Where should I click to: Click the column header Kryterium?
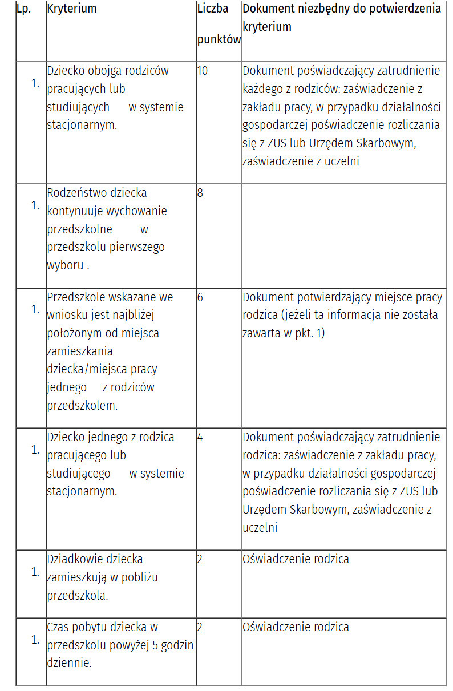point(72,9)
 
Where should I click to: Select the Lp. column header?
point(23,9)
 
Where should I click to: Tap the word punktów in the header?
point(219,39)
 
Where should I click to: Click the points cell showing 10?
point(203,71)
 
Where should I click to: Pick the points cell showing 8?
point(200,193)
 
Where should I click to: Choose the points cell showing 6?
point(200,297)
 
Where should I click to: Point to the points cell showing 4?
point(200,437)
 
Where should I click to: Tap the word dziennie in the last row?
point(69,663)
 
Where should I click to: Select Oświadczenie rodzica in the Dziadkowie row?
point(296,559)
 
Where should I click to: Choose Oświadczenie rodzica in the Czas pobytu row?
point(296,627)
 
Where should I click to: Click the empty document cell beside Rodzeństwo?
point(344,235)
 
